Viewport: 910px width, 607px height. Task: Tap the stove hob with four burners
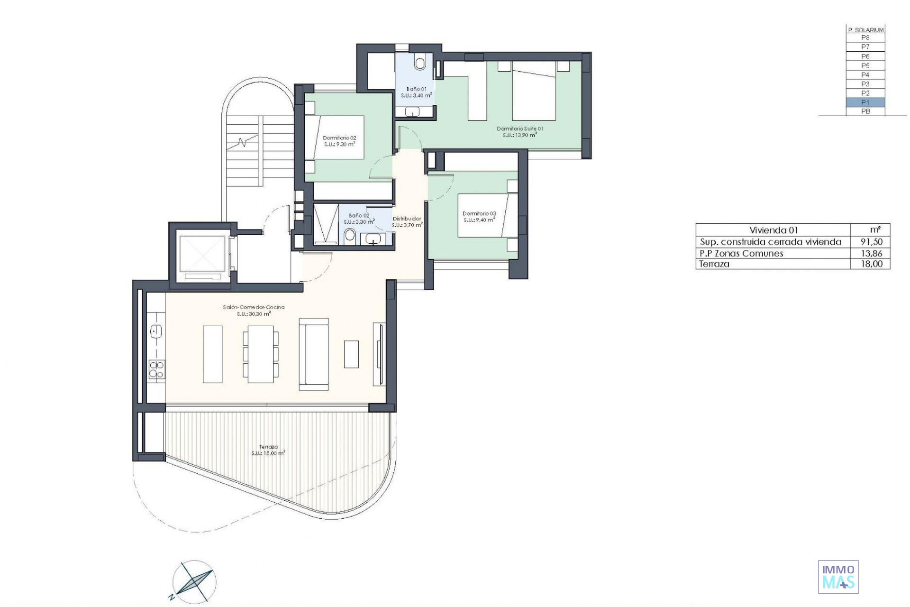coord(157,369)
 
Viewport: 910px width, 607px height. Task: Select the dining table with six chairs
coord(260,354)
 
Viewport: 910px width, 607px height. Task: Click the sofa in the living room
coord(314,354)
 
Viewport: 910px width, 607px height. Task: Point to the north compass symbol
coord(194,582)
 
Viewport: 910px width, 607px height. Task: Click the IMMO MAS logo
coord(838,577)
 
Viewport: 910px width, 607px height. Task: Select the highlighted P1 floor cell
coord(865,102)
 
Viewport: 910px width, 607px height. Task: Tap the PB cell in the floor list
coord(865,111)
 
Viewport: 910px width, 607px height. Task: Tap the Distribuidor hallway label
coord(407,219)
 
